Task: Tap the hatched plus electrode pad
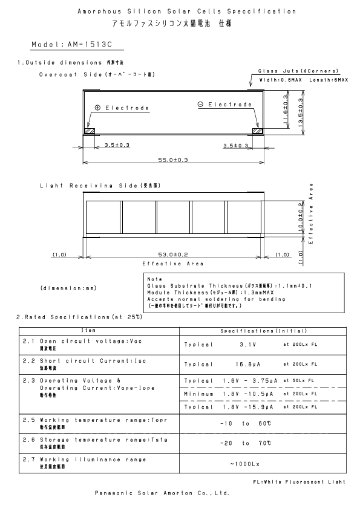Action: pyautogui.click(x=90, y=131)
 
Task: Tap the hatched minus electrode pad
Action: pyautogui.click(x=257, y=131)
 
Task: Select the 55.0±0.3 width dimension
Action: pyautogui.click(x=173, y=160)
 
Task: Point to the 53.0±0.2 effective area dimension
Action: pyautogui.click(x=173, y=254)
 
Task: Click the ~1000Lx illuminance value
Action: pyautogui.click(x=245, y=464)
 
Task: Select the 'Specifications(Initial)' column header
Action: pyautogui.click(x=264, y=331)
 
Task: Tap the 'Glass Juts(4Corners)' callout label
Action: pyautogui.click(x=298, y=71)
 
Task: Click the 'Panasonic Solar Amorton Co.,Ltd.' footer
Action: pyautogui.click(x=163, y=493)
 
